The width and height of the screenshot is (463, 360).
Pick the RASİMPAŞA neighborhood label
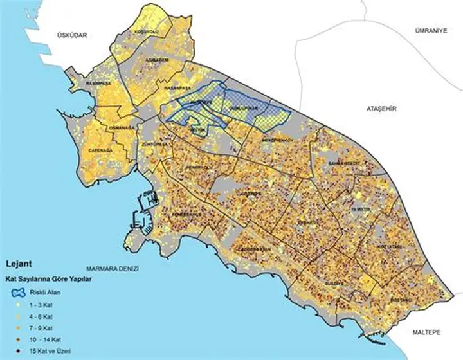[100, 84]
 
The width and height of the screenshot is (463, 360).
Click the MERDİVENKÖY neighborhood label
[278, 139]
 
